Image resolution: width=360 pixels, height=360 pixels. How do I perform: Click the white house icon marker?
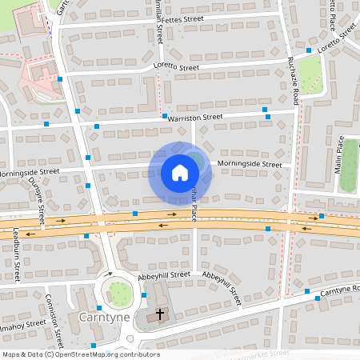[180, 172]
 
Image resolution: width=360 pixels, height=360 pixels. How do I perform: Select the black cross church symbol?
[159, 314]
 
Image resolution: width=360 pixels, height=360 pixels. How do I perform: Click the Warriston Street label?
[195, 118]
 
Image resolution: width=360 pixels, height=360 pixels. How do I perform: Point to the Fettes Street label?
[182, 18]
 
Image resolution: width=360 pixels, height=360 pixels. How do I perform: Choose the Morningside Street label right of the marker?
[250, 165]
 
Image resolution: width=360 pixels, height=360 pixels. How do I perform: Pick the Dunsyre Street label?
[37, 199]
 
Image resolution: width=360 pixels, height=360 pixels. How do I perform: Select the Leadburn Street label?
[16, 256]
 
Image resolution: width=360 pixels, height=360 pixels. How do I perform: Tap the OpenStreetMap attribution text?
[80, 354]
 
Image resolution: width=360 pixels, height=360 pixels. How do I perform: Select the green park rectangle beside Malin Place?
[348, 176]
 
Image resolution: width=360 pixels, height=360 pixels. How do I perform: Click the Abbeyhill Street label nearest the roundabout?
[163, 274]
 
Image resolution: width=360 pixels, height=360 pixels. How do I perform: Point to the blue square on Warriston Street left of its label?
[97, 126]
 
